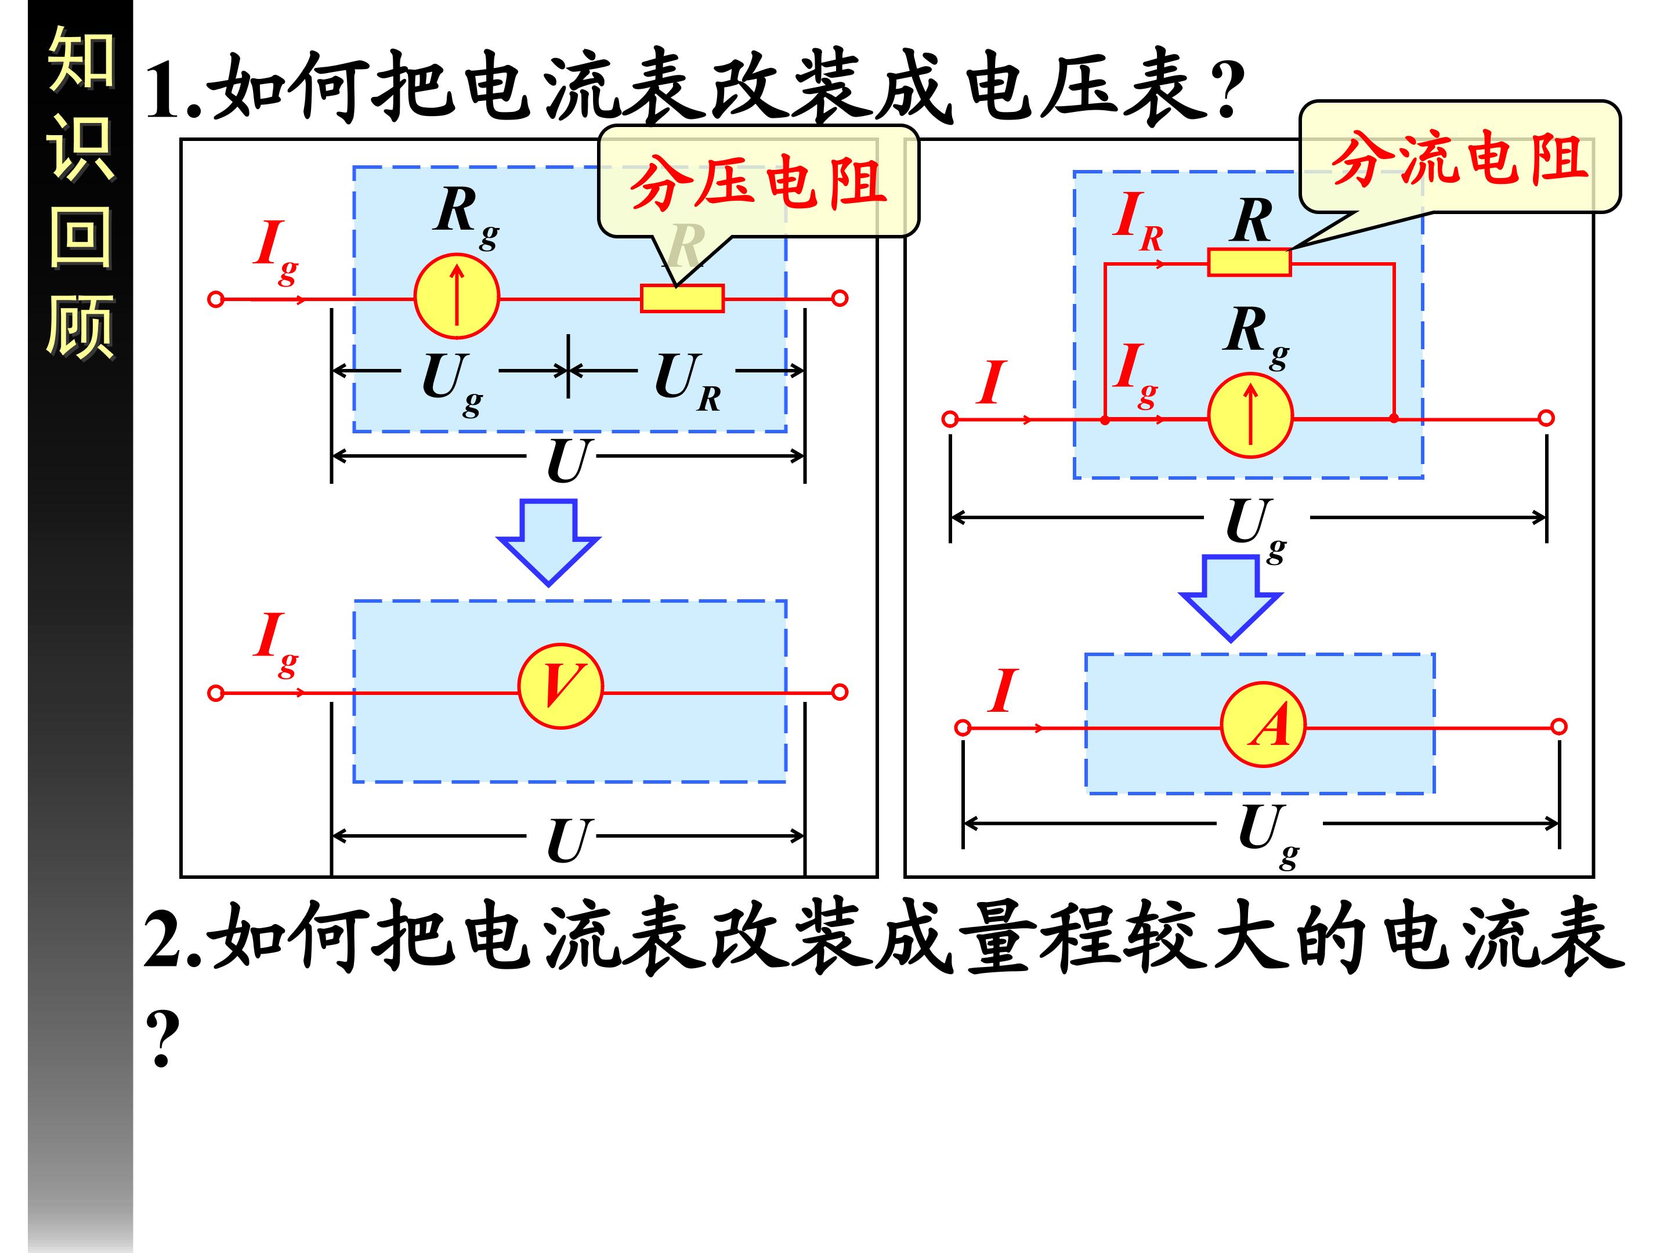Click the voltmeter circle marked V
point(560,686)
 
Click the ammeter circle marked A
point(1263,725)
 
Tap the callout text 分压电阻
point(758,183)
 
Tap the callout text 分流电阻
point(1459,160)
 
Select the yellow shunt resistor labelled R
point(1249,262)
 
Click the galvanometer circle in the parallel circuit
point(1250,415)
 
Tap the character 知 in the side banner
point(80,59)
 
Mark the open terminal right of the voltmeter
point(840,692)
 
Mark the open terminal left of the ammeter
point(963,727)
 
